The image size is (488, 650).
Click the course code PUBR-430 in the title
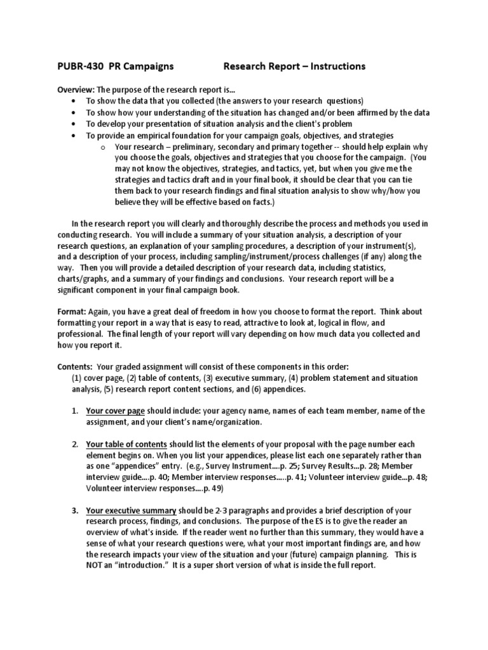point(78,67)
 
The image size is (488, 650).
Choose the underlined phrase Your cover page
point(116,411)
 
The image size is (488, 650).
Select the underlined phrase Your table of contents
point(126,444)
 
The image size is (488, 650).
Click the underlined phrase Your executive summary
point(132,511)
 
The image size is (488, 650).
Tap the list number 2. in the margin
point(75,444)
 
